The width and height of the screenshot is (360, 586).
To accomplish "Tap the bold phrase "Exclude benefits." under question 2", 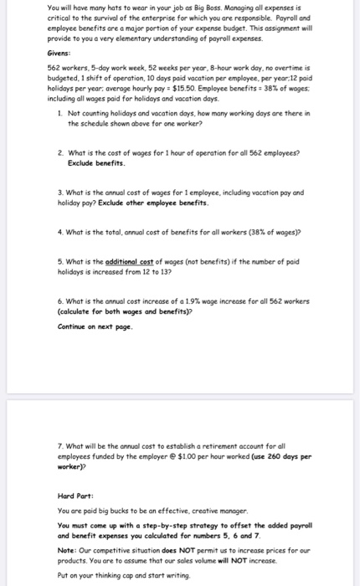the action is pos(94,163).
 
